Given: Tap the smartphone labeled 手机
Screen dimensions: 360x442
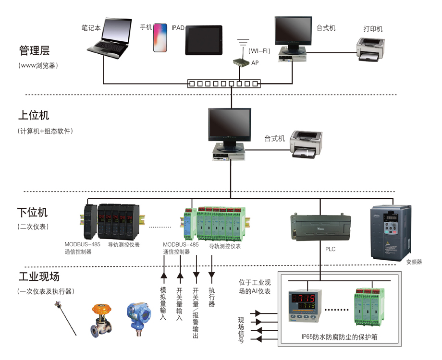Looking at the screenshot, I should click(x=160, y=38).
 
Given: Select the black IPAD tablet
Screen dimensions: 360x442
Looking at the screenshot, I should click(x=204, y=40).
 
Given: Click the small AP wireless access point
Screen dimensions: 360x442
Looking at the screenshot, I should click(x=239, y=62).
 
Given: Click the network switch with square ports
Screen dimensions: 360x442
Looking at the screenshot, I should click(x=223, y=84).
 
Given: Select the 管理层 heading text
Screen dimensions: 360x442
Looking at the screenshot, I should click(x=34, y=50).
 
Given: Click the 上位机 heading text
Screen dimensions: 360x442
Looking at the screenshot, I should click(x=33, y=116).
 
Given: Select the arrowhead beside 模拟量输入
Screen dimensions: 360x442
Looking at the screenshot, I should click(x=164, y=276).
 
